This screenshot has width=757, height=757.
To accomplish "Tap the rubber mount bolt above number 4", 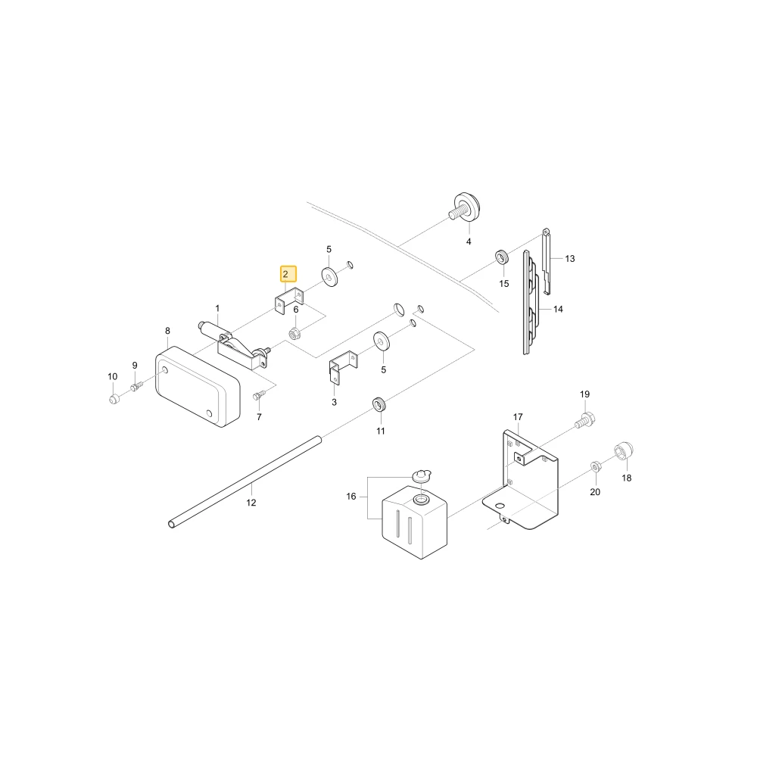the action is [466, 207].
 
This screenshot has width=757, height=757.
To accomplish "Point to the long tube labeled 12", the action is [245, 483].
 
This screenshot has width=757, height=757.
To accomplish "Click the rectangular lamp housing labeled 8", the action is [198, 386].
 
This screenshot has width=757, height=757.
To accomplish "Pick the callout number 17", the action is [518, 416].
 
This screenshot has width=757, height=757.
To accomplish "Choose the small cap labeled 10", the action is [114, 399].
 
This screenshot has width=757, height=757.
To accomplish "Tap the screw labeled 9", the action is [136, 386].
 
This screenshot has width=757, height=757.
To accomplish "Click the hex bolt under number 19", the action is [584, 419].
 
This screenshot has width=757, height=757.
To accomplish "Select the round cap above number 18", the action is [624, 451].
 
